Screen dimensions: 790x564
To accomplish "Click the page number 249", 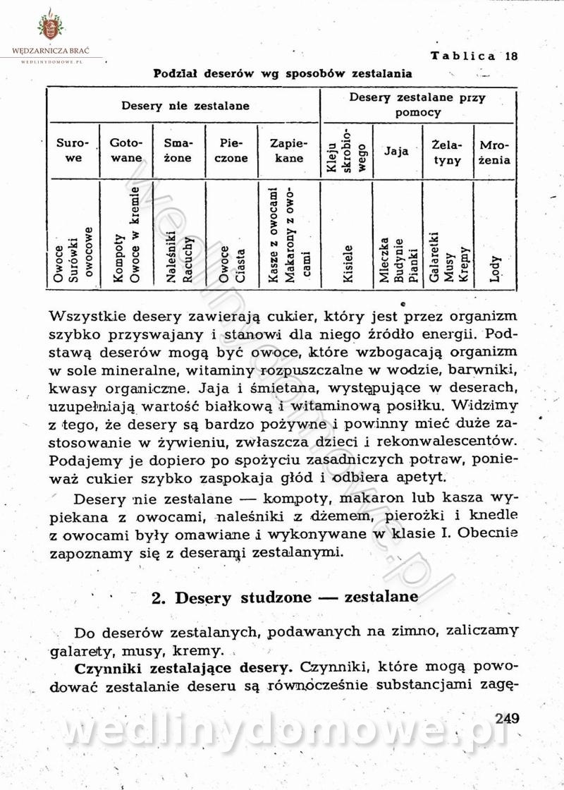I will [507, 719].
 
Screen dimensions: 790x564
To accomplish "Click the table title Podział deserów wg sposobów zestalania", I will [283, 73].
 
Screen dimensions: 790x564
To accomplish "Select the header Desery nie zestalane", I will [185, 107].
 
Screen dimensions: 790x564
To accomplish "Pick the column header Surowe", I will [73, 150].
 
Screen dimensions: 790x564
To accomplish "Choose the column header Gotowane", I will [127, 150].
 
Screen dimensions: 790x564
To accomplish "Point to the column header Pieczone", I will [231, 150].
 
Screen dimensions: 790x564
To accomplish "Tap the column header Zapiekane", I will [288, 150].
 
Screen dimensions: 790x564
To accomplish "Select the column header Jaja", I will [396, 151].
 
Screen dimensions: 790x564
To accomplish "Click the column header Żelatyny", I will [448, 152].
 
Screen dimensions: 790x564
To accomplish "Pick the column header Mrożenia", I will [494, 152].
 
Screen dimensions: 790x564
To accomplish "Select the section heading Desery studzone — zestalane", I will [285, 597].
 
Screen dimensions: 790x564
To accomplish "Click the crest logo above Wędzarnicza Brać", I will [49, 27].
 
